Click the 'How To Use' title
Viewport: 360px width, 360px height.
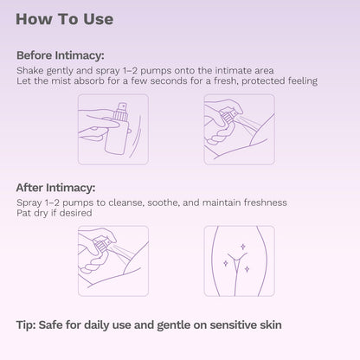64,19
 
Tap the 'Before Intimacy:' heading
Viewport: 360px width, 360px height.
60,55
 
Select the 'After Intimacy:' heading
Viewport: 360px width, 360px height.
55,188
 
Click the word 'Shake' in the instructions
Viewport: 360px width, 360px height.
30,70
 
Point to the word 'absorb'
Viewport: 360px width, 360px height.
89,80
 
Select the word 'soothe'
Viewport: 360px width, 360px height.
163,202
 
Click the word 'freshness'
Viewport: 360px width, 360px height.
265,202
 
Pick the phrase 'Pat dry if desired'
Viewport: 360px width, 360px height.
55,213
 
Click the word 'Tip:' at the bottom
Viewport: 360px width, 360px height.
26,325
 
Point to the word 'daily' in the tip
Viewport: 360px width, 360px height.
96,325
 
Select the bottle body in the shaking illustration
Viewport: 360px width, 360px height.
117,136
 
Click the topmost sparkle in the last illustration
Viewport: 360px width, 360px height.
243,247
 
